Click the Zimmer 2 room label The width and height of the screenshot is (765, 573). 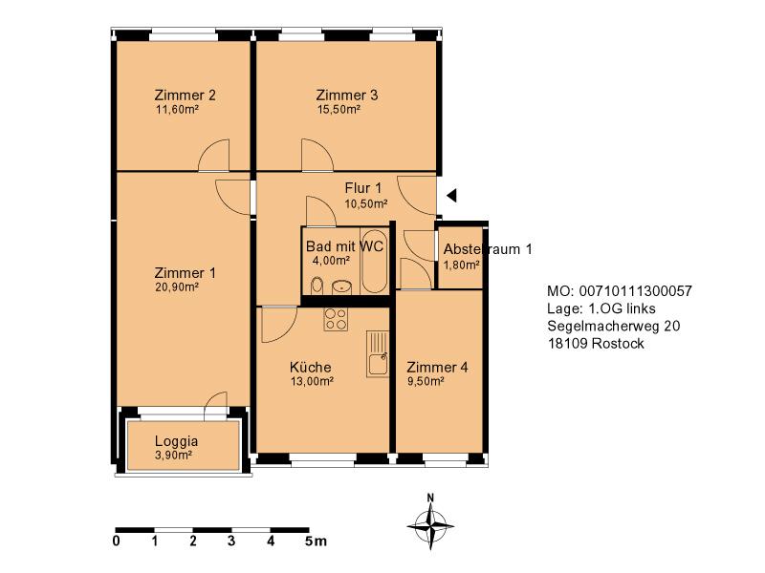coord(185,95)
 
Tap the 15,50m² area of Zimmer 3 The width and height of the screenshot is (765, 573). coord(339,109)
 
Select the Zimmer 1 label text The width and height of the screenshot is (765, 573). coord(185,273)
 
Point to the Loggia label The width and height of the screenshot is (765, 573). coord(176,441)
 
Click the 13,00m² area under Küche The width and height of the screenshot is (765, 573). coord(312,381)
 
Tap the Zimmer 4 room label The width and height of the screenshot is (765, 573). coord(437,367)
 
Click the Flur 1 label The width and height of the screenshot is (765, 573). coord(363,188)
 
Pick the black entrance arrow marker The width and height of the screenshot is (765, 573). coord(451,196)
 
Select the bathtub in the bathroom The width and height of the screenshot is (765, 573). coord(375,261)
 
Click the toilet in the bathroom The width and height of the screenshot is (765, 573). coord(317,286)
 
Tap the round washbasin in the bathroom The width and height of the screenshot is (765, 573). coord(342,287)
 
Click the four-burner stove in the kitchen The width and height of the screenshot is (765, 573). coord(336,319)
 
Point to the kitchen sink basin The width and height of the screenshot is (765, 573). coord(377,365)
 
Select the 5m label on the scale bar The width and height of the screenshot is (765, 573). coord(316,541)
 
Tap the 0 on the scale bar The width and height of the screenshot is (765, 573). coord(116,541)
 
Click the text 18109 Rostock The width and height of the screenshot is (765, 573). coord(596,344)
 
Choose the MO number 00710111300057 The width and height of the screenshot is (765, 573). coord(635,291)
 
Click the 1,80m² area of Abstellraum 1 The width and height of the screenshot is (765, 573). coord(461,265)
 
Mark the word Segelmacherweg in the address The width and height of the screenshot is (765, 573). coord(603,326)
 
